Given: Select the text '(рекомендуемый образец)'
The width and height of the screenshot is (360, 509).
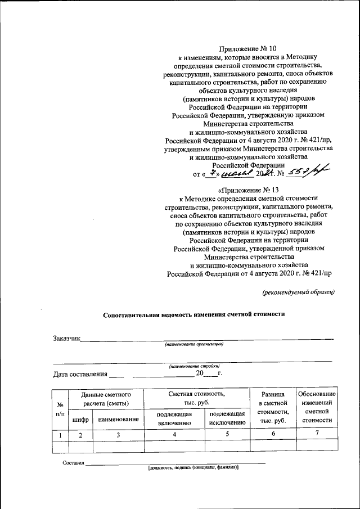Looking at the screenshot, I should [x=299, y=291].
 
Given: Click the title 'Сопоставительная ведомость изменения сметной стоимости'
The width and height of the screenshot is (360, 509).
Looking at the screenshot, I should [x=194, y=316].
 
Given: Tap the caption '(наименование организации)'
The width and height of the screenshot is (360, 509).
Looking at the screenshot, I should [x=194, y=344].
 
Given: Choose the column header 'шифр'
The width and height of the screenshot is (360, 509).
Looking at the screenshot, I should [x=80, y=419].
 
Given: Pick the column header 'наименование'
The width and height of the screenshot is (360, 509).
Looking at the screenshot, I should [x=118, y=419].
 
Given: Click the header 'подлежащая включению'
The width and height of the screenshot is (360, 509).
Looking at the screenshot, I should [x=174, y=418].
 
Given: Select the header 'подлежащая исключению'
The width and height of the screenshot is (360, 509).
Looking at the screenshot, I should [x=227, y=418].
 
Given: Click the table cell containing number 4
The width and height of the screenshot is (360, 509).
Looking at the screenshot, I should [x=174, y=435].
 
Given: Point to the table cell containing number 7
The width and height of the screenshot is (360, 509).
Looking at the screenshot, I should [x=317, y=434].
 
